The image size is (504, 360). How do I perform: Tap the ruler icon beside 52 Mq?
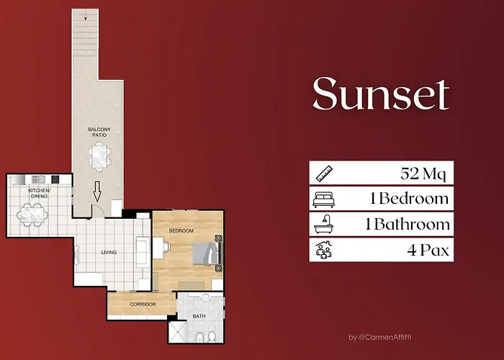click(x=323, y=173)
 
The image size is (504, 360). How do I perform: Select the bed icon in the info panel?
click(x=323, y=198)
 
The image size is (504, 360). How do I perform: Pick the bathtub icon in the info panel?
click(x=323, y=224)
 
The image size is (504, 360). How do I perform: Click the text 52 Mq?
click(x=424, y=173)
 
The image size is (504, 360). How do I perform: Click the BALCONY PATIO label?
click(x=99, y=132)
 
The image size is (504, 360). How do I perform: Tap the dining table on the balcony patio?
click(x=99, y=156)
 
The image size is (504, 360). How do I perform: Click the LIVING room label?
click(x=109, y=252)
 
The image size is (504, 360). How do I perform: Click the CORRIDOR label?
click(x=143, y=305)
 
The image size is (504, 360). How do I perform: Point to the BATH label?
click(x=199, y=316)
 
